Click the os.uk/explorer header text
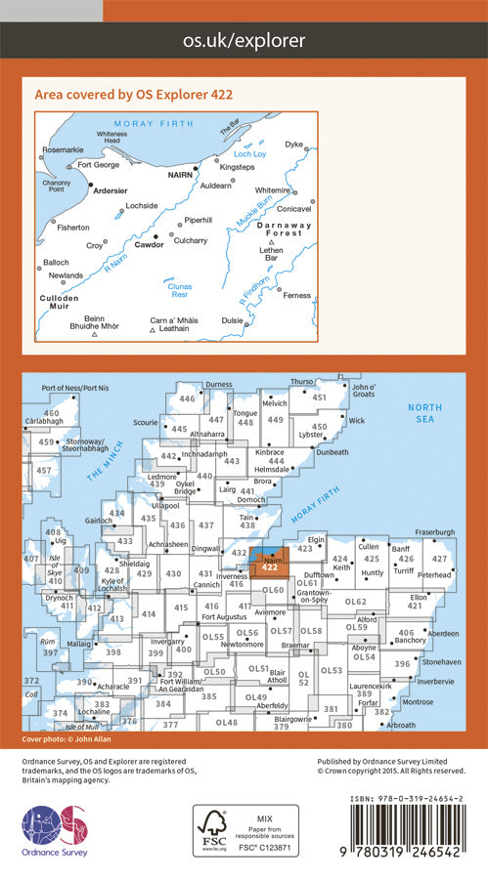(x=244, y=40)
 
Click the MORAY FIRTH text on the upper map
(x=149, y=123)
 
